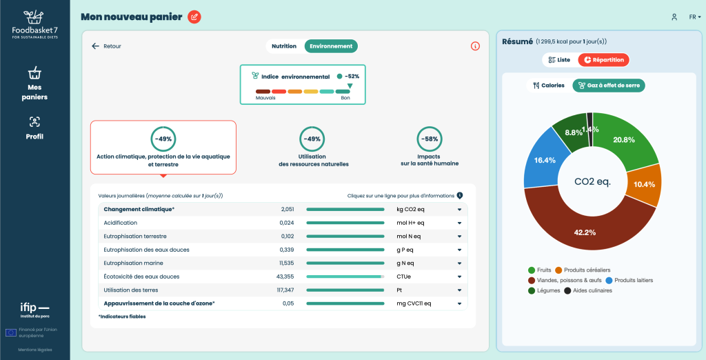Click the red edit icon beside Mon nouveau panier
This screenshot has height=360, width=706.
(x=194, y=17)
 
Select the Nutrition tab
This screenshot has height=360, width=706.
(x=284, y=46)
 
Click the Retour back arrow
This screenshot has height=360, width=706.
(x=95, y=46)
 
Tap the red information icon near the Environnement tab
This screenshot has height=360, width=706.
(x=475, y=46)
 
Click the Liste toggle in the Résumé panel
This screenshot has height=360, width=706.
(x=559, y=60)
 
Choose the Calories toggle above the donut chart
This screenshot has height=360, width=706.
(x=548, y=85)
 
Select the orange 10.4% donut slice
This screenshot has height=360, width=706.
(x=645, y=184)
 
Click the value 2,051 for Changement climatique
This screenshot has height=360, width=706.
(x=288, y=210)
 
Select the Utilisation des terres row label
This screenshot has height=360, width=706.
(x=131, y=290)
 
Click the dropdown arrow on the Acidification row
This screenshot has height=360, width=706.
(x=459, y=223)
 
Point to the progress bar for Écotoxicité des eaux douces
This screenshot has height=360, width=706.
(x=345, y=277)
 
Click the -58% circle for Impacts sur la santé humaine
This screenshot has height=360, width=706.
(x=429, y=139)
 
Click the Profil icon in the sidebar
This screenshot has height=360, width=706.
(x=34, y=121)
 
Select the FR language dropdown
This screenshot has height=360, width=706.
(x=695, y=17)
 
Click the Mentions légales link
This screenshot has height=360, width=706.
(x=35, y=350)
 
